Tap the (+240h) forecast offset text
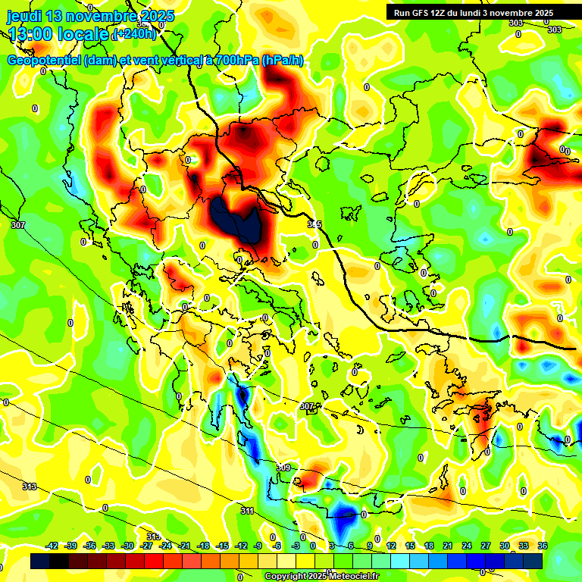pos(135,34)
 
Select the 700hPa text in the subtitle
pos(234,61)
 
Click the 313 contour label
pos(30,487)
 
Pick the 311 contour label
pos(247,512)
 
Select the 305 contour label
pos(314,224)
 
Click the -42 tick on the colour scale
pos(52,546)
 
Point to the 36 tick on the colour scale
pos(542,546)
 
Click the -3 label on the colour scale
pos(296,546)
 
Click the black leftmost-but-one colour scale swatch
pos(59,561)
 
